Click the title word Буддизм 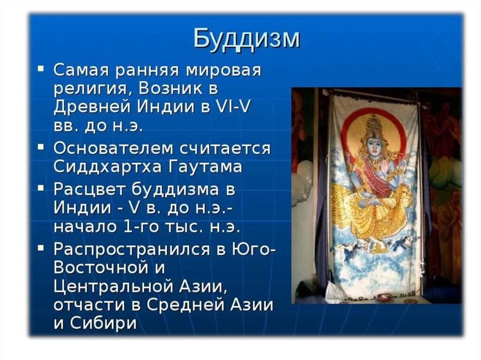point(246,39)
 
